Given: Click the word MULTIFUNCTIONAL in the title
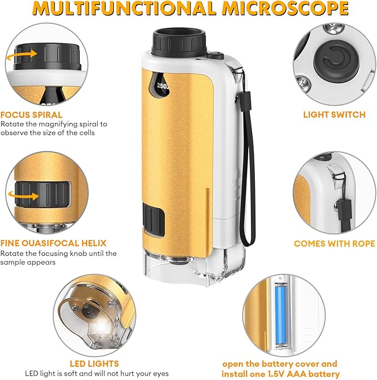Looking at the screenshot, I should pos(125,9).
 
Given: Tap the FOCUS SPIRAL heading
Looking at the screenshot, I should pos(31,115).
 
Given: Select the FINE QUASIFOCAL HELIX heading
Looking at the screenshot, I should pos(53,243).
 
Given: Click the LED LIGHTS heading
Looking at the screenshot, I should pos(94,364).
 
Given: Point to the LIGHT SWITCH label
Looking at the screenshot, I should pos(334,115).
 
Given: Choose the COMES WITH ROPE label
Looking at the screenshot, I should pos(334,243).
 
